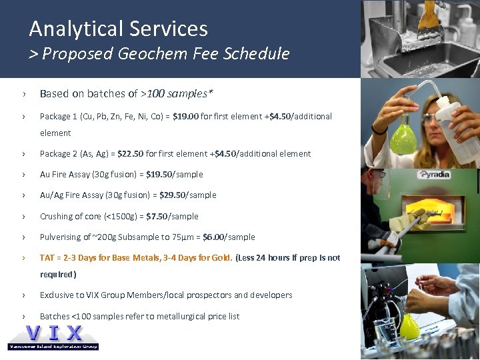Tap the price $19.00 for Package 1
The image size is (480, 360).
coord(185,116)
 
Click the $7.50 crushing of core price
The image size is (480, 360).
coord(155,217)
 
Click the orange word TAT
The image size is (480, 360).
coord(47,258)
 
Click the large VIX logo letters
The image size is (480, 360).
coord(53,333)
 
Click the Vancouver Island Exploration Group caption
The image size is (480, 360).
coord(53,347)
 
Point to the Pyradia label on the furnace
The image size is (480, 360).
coord(434,175)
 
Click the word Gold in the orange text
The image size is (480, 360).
coord(219,258)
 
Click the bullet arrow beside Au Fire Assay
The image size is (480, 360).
coord(23,175)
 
